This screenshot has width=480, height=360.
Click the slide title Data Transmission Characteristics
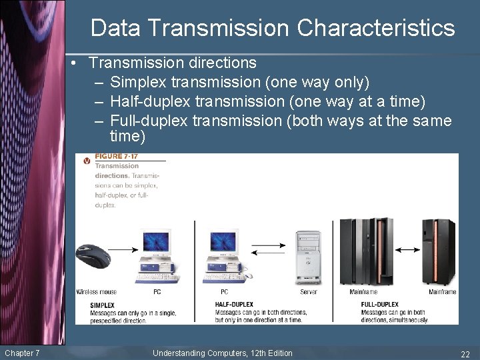(x=273, y=28)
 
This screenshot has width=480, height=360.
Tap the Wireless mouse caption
(x=96, y=292)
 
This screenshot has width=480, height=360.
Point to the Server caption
(x=309, y=292)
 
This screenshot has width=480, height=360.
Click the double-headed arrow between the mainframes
(x=407, y=249)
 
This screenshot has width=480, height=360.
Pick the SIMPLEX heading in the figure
(x=102, y=305)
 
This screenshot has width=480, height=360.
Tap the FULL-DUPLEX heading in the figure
(x=379, y=305)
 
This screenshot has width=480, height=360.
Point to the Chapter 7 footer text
(x=22, y=353)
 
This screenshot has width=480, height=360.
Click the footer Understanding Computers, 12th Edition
(x=222, y=353)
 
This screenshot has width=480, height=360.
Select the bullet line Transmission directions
(x=172, y=63)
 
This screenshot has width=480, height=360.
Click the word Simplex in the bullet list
(x=138, y=83)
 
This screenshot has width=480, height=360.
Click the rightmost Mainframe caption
(x=442, y=292)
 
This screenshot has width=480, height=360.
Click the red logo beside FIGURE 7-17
(x=87, y=161)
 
